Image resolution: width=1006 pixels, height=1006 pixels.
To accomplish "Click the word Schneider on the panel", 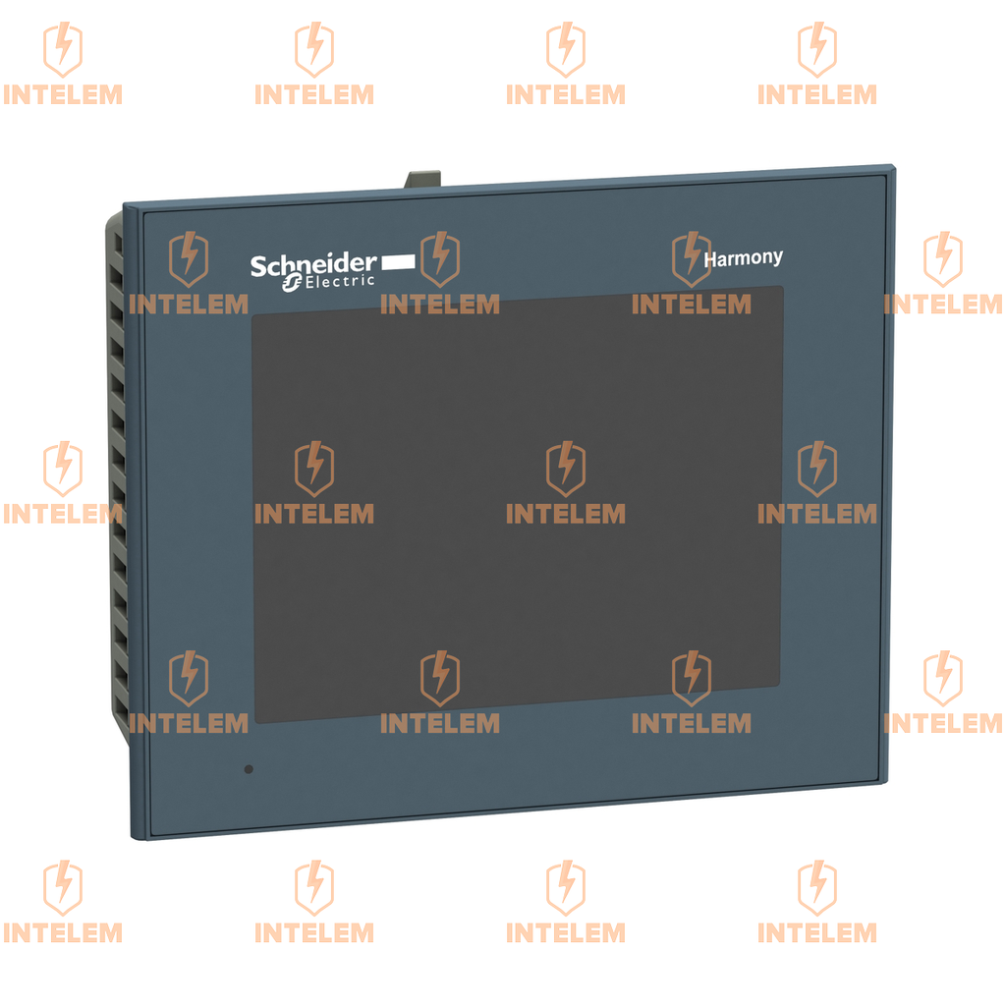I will pos(312,265).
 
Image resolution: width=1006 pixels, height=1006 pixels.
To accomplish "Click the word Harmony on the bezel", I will pos(743,258).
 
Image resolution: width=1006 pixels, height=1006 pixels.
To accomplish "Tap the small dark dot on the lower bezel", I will pos(249,768).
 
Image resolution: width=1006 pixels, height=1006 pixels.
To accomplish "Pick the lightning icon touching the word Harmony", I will pos(691,258).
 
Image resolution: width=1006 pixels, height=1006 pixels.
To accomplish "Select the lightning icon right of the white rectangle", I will pos(439,258).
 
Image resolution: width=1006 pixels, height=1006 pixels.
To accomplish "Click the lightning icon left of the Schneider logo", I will pos(189,258).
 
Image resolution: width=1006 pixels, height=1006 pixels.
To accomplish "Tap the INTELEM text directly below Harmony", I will pos(691,305).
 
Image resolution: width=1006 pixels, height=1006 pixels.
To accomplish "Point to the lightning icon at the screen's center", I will pos(565,468).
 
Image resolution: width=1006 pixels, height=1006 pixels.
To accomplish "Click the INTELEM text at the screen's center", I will pos(565,514).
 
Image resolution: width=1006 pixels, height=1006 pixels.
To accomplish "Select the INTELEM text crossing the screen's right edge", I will pos(816,514).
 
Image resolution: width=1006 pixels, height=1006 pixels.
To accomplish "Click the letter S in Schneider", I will pos(257,267).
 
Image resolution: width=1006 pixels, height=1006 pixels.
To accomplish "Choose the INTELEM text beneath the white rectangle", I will pos(439,305).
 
